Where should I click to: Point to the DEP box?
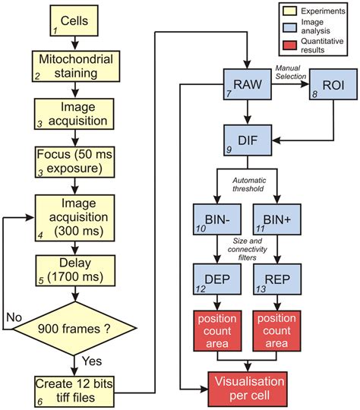point(217,279)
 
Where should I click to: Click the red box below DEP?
point(217,332)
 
